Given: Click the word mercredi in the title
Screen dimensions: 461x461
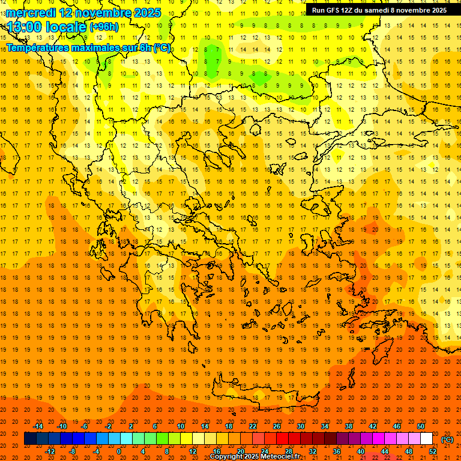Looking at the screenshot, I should tap(29, 13).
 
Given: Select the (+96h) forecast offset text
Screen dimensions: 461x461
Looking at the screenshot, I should tap(104, 27).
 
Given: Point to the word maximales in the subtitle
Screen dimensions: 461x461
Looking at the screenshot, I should tap(97, 47).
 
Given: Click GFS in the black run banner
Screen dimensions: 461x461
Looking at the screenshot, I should tap(336, 10).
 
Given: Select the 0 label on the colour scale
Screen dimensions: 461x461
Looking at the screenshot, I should tap(118, 451).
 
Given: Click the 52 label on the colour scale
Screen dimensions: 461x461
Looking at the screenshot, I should tap(433, 451).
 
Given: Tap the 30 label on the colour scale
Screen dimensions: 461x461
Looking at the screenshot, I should tap(300, 426).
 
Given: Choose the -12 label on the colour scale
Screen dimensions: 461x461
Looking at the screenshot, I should tap(50, 451).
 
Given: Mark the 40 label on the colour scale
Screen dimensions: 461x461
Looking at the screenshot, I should tap(361, 451).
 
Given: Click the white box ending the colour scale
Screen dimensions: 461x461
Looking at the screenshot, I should tap(426, 439).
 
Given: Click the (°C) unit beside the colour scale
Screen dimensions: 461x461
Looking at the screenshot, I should tap(447, 439).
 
